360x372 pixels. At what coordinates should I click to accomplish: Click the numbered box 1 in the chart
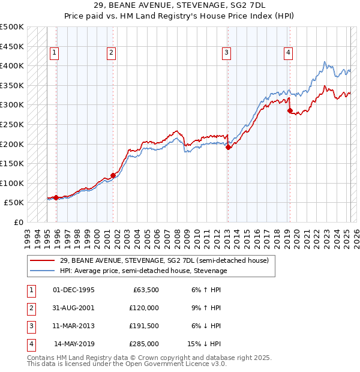54,53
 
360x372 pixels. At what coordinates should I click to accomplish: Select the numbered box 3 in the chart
227,53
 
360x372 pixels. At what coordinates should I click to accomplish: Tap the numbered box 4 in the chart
289,53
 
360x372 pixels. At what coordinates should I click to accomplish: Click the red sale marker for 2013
228,147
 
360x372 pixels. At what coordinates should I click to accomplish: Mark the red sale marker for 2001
113,175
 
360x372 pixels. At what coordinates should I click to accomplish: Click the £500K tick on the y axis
12,27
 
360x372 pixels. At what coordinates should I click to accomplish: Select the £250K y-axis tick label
12,124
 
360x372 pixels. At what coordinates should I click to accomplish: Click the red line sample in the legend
43,260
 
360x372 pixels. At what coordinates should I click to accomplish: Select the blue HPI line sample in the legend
43,271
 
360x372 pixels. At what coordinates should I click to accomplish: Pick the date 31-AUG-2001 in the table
74,308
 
